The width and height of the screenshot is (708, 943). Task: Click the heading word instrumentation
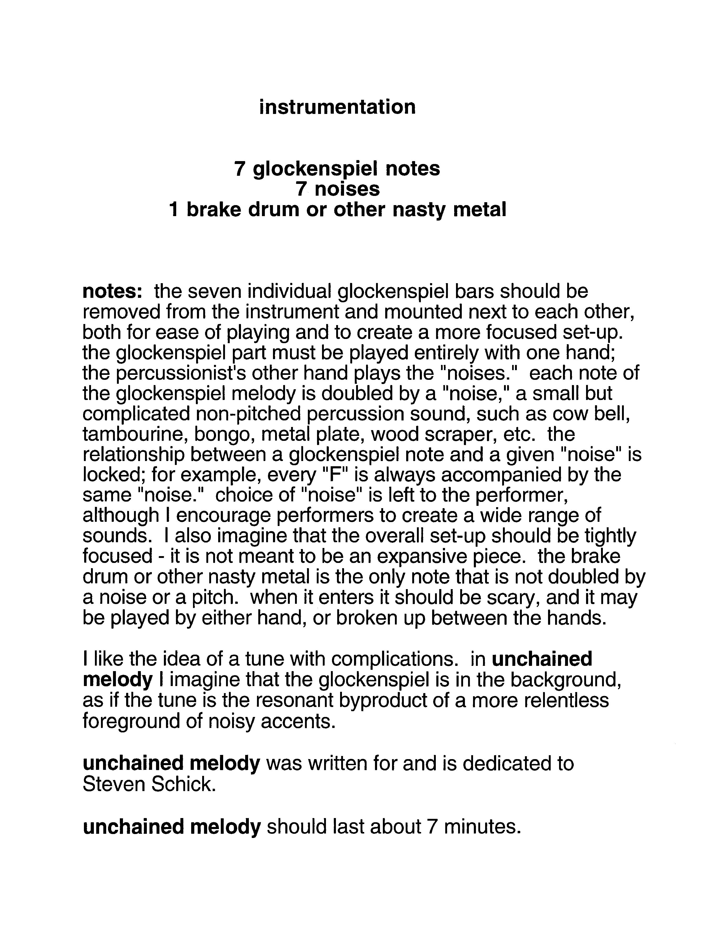(x=337, y=107)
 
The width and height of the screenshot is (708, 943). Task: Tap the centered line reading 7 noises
(x=337, y=189)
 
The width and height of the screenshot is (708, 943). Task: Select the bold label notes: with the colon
(x=112, y=291)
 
